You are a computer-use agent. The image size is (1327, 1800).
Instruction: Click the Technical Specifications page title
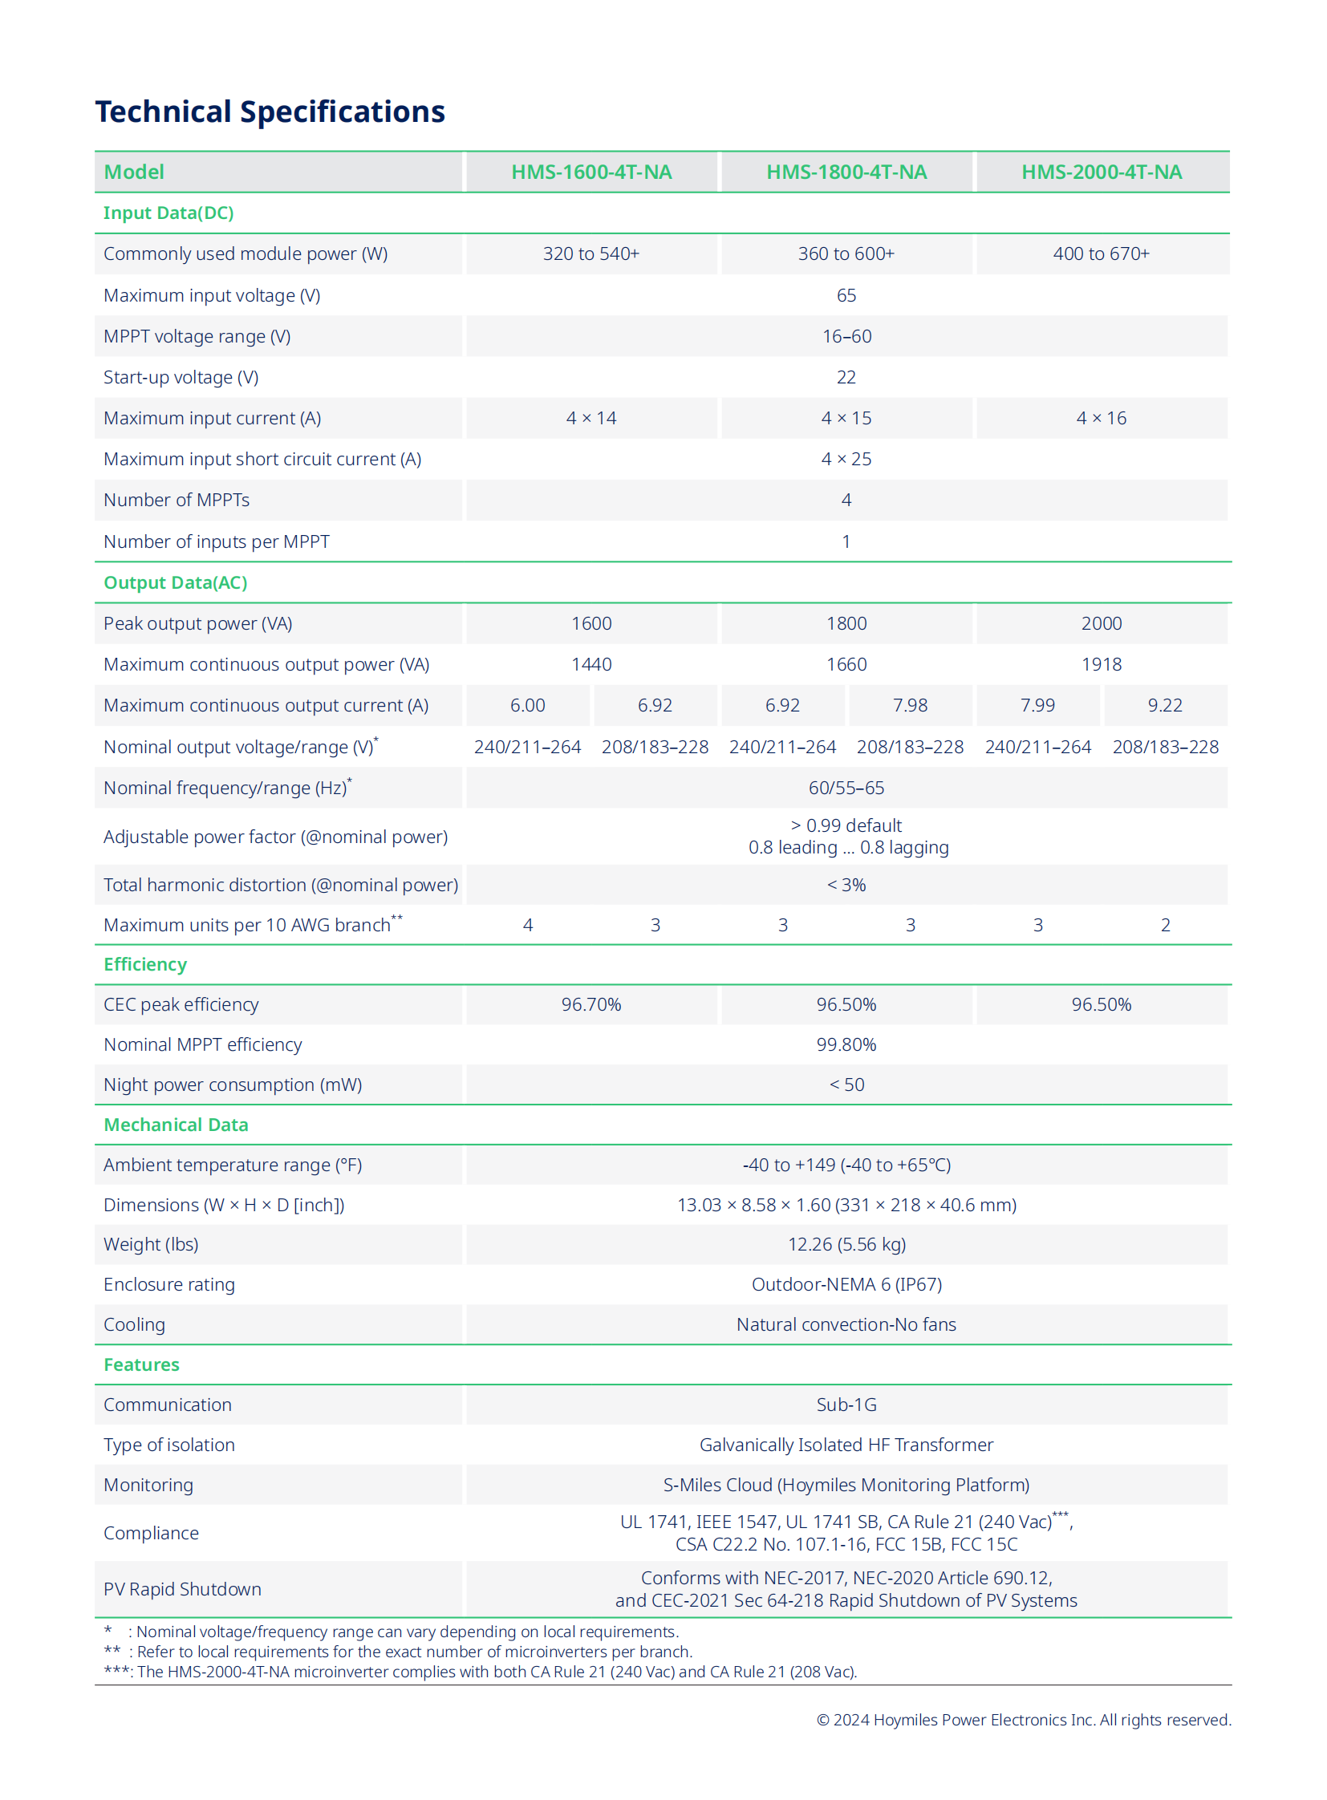(x=270, y=111)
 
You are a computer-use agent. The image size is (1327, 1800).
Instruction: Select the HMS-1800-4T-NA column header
(x=846, y=172)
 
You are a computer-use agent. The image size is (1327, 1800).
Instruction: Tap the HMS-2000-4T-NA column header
(x=1101, y=172)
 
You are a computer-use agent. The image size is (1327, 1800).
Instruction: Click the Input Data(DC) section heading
(x=168, y=213)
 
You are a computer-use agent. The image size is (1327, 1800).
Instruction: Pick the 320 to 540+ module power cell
(x=591, y=253)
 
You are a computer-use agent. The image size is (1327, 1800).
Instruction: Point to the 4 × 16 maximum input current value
(x=1101, y=418)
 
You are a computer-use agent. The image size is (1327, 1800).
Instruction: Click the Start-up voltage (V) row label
(x=181, y=377)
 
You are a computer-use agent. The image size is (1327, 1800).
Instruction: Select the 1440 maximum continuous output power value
(x=591, y=664)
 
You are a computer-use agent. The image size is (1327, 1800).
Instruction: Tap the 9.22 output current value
(x=1165, y=705)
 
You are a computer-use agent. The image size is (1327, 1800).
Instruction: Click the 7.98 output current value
(x=909, y=705)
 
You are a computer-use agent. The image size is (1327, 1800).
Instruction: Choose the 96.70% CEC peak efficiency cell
(x=591, y=1004)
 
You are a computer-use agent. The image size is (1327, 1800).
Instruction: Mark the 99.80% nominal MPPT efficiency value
(x=846, y=1044)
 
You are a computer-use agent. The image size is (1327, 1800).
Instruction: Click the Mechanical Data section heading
(x=176, y=1125)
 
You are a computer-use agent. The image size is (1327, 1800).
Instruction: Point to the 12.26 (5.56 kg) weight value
(x=846, y=1244)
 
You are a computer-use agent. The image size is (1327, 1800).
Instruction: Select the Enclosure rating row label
(x=169, y=1284)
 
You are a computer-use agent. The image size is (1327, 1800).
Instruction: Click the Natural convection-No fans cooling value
(x=846, y=1324)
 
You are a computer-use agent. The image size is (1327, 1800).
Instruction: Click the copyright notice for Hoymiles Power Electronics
(x=1023, y=1720)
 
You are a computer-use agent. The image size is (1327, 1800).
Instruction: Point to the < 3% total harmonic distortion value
(x=846, y=884)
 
